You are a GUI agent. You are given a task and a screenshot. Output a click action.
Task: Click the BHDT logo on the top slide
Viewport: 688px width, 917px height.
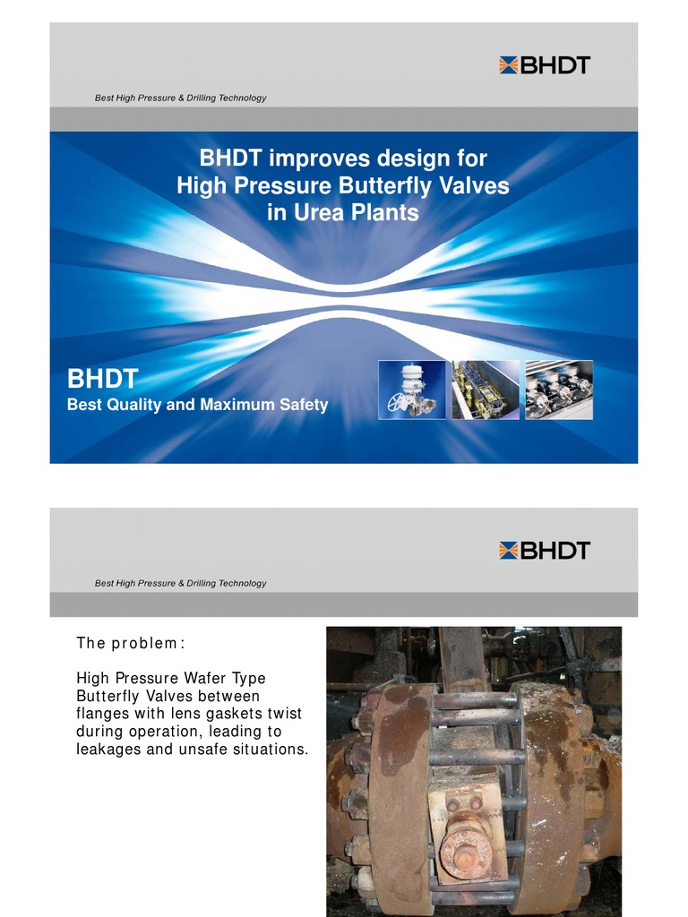[x=545, y=64]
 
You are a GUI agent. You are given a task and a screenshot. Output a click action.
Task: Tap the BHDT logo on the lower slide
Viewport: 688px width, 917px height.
[x=545, y=550]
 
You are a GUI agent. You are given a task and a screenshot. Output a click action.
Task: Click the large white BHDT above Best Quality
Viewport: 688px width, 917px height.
[x=102, y=380]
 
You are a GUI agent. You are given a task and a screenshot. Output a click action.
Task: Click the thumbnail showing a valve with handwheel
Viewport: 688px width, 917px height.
[x=411, y=390]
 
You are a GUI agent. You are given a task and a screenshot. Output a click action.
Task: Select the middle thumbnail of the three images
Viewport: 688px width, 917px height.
[x=485, y=390]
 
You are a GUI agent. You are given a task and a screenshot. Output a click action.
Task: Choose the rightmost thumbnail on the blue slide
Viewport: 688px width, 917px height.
[x=558, y=390]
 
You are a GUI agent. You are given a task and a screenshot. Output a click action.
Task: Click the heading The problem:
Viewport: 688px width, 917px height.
[x=131, y=643]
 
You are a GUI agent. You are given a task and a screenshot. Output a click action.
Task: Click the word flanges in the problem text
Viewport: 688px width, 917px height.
[x=103, y=714]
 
